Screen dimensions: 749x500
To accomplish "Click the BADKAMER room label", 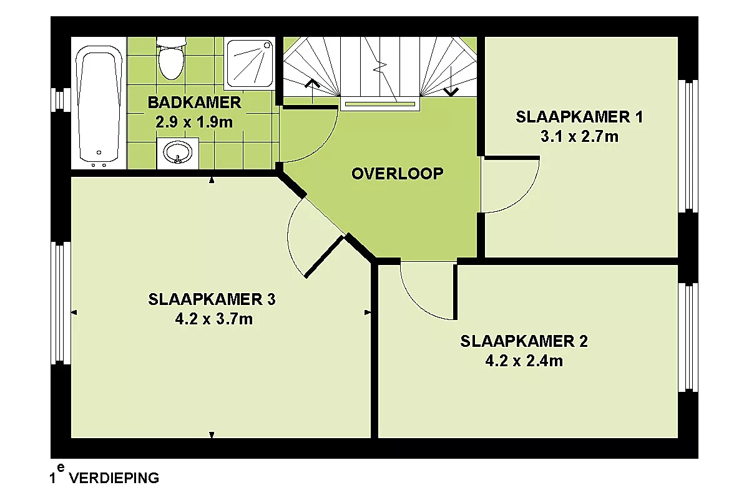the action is click(x=194, y=102).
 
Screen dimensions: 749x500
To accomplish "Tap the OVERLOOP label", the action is click(x=397, y=174).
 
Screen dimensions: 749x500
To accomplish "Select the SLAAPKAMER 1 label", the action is click(x=579, y=117).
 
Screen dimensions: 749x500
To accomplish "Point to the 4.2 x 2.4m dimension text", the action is click(x=524, y=361).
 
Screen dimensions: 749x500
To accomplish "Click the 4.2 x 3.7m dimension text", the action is click(x=213, y=319).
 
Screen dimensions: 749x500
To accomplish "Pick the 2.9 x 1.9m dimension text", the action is click(x=194, y=122).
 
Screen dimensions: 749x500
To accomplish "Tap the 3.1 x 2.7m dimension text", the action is click(x=579, y=137).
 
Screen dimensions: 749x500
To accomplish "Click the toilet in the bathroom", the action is click(x=171, y=58).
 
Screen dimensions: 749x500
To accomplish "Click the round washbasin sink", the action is click(x=177, y=152).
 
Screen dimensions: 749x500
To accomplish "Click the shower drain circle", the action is click(x=267, y=45).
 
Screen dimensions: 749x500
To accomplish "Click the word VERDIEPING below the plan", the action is click(x=114, y=478).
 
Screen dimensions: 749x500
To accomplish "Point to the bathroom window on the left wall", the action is click(x=61, y=99).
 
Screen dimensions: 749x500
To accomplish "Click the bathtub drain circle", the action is click(x=99, y=152).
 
